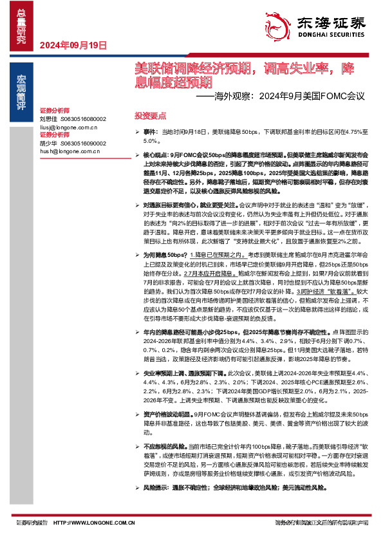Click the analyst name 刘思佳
pyautogui.click(x=48, y=119)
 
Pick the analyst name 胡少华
pyautogui.click(x=48, y=144)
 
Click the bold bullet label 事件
pyautogui.click(x=151, y=131)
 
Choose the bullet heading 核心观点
pyautogui.click(x=156, y=156)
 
